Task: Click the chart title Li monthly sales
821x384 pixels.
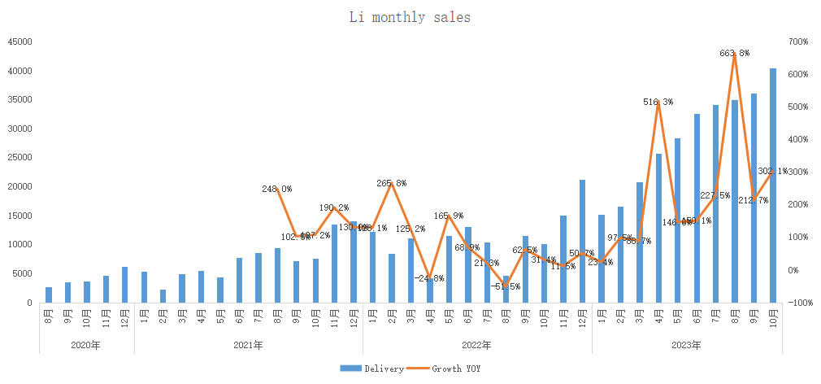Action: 410,16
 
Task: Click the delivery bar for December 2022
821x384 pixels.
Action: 583,241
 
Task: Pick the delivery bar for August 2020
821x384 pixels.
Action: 49,295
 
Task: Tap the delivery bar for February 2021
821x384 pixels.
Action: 163,296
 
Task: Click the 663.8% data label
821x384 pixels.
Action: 734,53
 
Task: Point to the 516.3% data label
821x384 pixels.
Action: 658,103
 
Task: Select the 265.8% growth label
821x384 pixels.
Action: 391,183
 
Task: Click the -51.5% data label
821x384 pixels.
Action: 506,286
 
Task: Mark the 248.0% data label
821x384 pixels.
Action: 277,189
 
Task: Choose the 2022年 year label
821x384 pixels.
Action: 477,345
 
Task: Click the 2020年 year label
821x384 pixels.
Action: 86,345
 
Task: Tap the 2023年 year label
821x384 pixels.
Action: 687,345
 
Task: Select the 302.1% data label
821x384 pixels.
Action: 772,172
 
